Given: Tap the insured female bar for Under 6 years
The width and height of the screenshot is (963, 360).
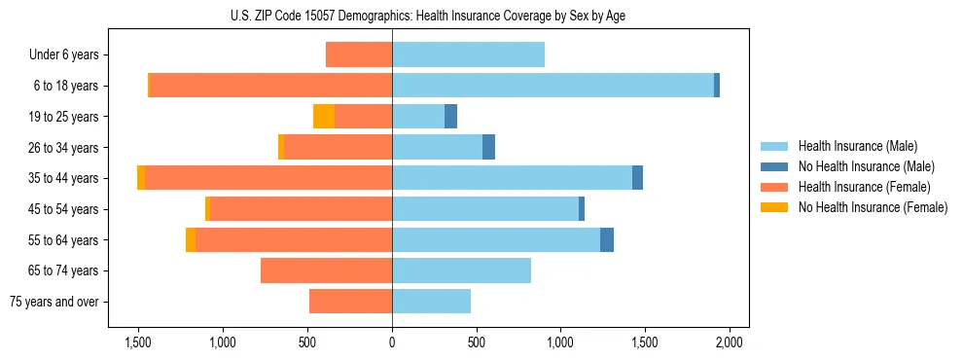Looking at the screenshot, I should coord(359,54).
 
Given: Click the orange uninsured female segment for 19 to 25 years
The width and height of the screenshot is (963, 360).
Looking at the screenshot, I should coord(324,117).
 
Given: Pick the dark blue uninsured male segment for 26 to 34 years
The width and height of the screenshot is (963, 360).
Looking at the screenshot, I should coord(488,147).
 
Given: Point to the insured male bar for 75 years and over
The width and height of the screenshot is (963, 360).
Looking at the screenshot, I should coord(431,302).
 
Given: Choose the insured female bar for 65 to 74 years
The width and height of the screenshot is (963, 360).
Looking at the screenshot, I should coord(326,270).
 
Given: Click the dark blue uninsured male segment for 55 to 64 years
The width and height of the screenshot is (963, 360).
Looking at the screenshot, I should coord(607,239).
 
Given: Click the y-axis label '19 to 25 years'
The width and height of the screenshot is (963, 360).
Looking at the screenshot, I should coord(65,117).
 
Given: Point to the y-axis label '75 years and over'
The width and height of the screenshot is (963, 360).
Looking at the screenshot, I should coord(54,302).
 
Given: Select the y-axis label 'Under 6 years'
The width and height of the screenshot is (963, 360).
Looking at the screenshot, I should coord(64,55).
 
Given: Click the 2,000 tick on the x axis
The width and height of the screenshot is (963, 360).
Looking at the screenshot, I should coord(730,342).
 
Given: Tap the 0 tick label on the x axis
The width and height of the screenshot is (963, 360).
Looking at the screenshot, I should coord(392,342).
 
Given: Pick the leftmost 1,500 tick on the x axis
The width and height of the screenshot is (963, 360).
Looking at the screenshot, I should coord(138,342).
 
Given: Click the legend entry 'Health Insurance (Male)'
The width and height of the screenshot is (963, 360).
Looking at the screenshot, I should coord(857,146).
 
